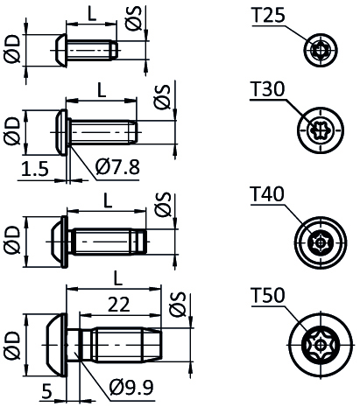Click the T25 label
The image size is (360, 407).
(268, 15)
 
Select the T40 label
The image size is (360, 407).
(267, 193)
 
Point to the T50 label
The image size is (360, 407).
(268, 295)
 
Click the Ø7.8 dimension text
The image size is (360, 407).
(117, 167)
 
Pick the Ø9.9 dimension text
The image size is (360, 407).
(131, 387)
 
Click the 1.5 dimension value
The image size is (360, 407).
(35, 169)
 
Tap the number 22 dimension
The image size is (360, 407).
(119, 305)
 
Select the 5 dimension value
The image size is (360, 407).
(46, 391)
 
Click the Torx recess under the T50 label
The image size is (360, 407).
(321, 346)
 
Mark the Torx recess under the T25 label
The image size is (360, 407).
(321, 49)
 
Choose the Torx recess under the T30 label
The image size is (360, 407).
(321, 130)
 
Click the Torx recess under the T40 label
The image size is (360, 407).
(321, 242)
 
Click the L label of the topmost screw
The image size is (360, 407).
(92, 13)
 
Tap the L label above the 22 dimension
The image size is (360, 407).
(117, 278)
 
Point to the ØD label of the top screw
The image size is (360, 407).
(12, 49)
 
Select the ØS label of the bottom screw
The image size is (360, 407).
(178, 304)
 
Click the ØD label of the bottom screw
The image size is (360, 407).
(12, 345)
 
